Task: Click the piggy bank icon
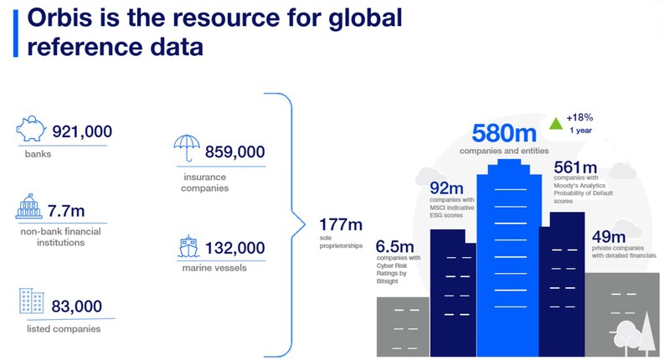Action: (x=31, y=128)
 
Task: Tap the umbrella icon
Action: (x=187, y=147)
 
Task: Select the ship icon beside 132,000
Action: (x=188, y=246)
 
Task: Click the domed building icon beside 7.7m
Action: (x=29, y=207)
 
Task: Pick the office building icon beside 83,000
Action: (x=32, y=301)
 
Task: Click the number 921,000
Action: (x=82, y=131)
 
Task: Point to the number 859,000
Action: (x=235, y=152)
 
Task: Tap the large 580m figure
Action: (x=504, y=133)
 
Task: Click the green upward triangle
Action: (x=555, y=124)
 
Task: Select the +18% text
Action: (x=579, y=117)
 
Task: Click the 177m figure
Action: (x=341, y=224)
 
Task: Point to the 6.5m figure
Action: (x=394, y=246)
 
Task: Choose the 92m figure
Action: (x=446, y=188)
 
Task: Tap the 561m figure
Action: (x=575, y=167)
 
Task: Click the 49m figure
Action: (x=609, y=236)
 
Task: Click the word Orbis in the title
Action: (x=59, y=18)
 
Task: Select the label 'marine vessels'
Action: (x=214, y=268)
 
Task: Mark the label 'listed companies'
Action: (x=64, y=329)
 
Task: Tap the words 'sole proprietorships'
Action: (x=341, y=242)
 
